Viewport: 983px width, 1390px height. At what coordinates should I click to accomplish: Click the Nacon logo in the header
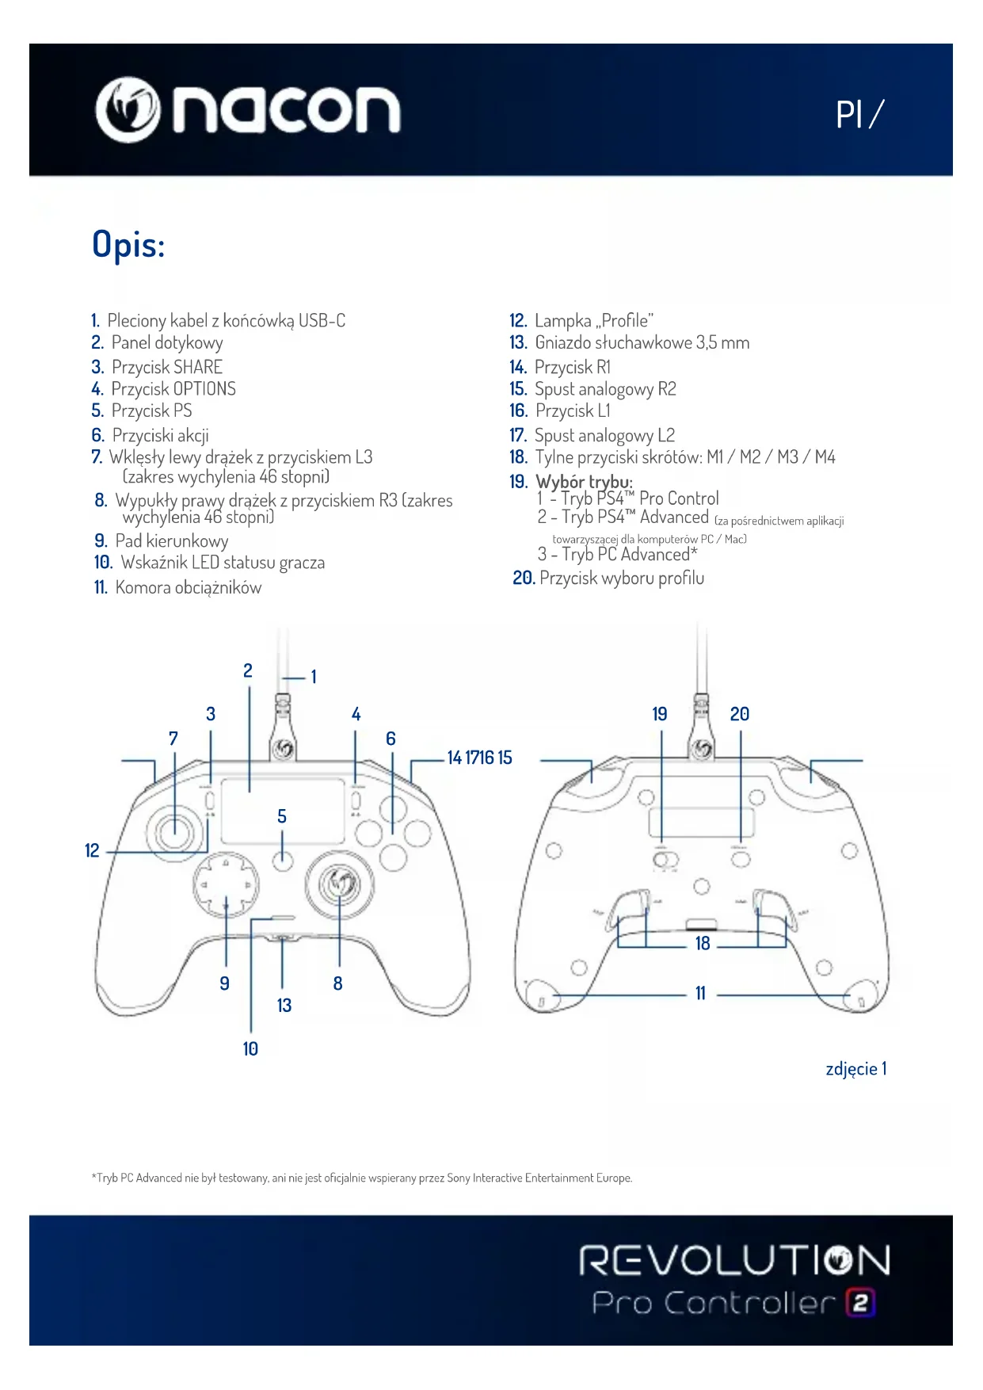coord(247,109)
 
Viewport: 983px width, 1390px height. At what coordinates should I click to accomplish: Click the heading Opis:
coord(128,244)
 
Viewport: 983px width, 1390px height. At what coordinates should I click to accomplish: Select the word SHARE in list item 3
coord(198,367)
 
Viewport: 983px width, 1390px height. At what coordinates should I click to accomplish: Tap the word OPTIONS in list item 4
coord(204,389)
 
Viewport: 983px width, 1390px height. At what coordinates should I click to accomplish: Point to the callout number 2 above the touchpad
coord(248,671)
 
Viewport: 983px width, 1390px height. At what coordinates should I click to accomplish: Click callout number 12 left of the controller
coord(92,850)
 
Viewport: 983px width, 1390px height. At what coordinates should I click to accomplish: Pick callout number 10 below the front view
coord(250,1049)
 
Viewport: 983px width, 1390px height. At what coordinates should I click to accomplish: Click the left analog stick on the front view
coord(175,831)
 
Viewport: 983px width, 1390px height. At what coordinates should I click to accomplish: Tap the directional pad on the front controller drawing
coord(226,884)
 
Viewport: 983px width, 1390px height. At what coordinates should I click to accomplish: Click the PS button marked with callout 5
coord(283,860)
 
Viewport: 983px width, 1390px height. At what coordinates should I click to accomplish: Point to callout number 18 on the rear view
coord(703,944)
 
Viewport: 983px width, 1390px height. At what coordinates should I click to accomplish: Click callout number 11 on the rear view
coord(700,994)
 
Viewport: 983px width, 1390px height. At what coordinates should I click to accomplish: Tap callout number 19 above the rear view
coord(660,714)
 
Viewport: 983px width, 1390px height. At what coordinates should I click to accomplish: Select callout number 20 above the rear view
coord(740,714)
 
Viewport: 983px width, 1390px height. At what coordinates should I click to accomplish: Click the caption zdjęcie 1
coord(855,1069)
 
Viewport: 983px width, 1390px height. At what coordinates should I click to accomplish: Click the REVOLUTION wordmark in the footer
coord(734,1260)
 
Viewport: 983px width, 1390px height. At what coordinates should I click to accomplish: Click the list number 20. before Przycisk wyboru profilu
coord(524,579)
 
